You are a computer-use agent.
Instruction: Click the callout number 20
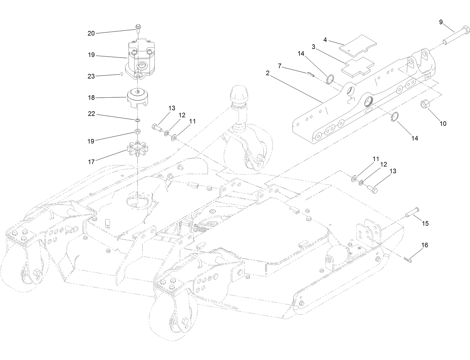click(91, 34)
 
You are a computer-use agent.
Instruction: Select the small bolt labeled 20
click(137, 28)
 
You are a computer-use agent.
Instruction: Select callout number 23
click(91, 76)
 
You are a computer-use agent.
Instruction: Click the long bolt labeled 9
click(456, 36)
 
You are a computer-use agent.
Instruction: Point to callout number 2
click(268, 73)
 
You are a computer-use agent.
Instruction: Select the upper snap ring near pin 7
click(330, 79)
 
